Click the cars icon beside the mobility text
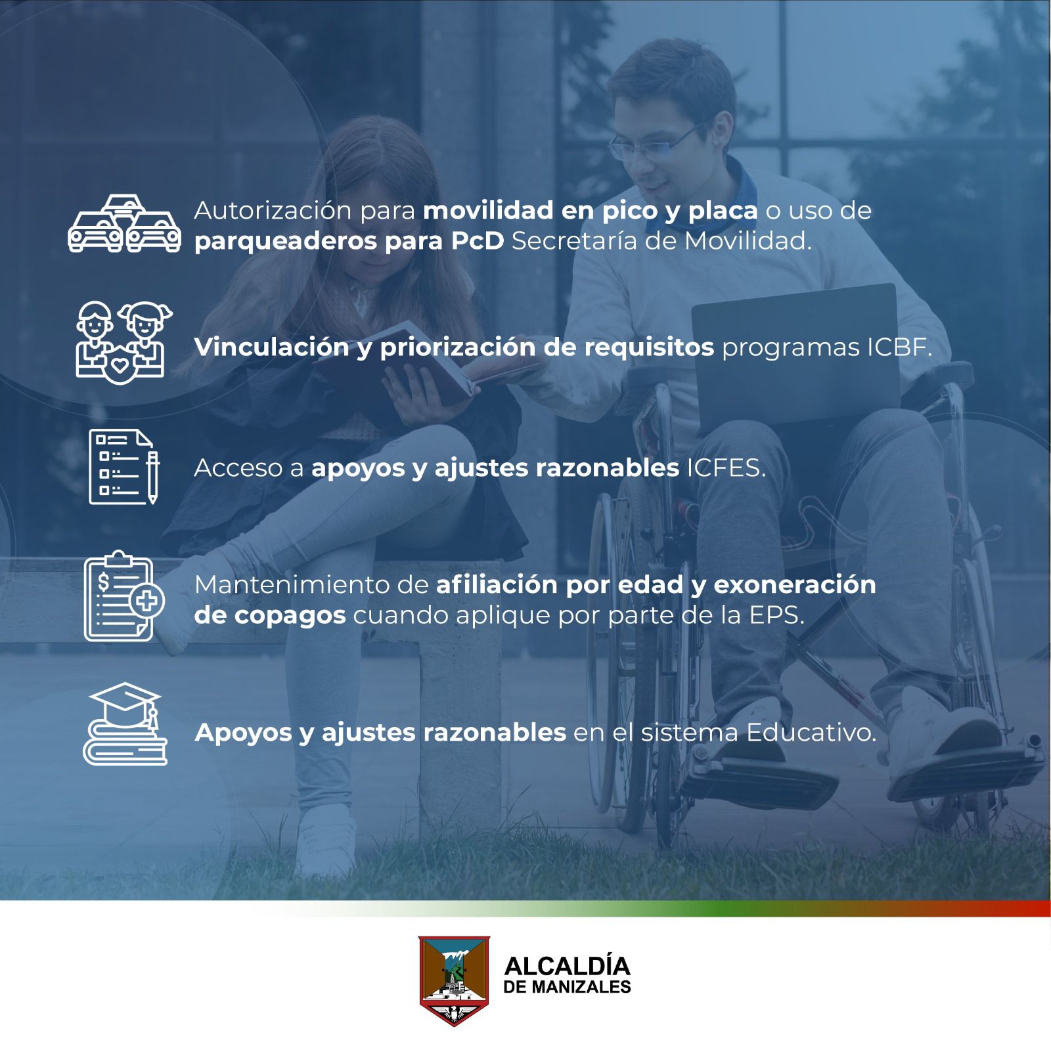(x=125, y=224)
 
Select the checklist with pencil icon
(x=124, y=466)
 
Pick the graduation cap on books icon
(x=125, y=724)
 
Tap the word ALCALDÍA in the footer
(x=567, y=966)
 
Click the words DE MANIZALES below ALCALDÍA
(x=567, y=987)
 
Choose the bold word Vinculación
(x=271, y=347)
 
